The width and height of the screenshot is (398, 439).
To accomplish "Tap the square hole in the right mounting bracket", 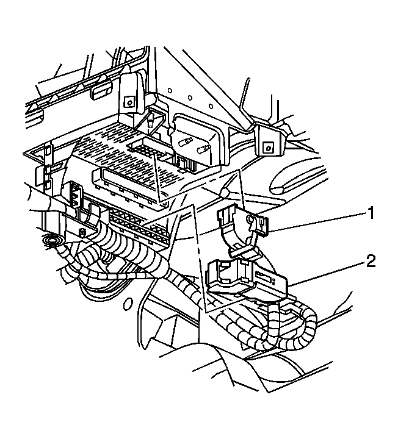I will (x=268, y=146).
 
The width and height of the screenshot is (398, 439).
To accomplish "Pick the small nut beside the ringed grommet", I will (x=83, y=234).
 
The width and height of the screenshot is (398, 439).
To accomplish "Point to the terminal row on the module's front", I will (x=137, y=222).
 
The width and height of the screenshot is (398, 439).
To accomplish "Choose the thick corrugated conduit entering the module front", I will (x=122, y=250).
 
